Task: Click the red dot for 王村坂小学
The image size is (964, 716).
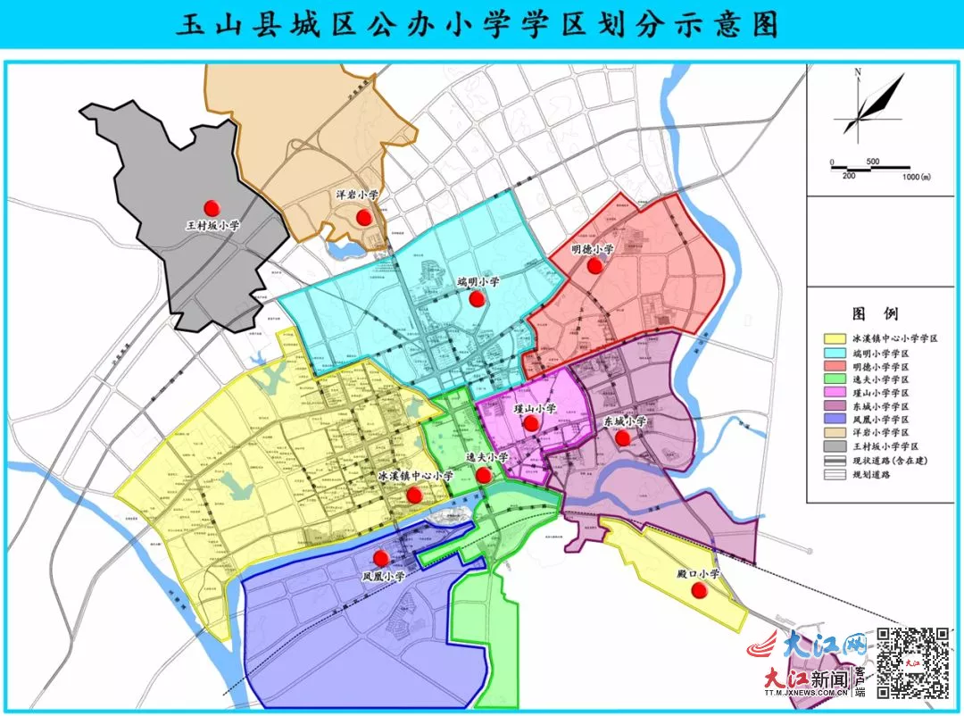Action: (212, 207)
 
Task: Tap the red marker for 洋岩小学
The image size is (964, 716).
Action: (363, 217)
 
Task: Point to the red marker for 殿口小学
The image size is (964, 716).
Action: (700, 590)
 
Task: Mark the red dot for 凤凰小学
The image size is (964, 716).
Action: (381, 558)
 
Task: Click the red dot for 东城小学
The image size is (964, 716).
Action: (623, 437)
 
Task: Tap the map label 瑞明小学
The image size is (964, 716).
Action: (478, 282)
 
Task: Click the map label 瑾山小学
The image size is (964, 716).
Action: (535, 408)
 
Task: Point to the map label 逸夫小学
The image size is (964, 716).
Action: (487, 457)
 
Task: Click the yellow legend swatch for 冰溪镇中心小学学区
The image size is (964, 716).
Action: (835, 339)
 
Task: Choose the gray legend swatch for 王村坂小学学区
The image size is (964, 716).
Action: (835, 445)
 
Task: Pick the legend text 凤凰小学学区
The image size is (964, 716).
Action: (881, 419)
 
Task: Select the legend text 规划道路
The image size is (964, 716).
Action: (876, 475)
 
